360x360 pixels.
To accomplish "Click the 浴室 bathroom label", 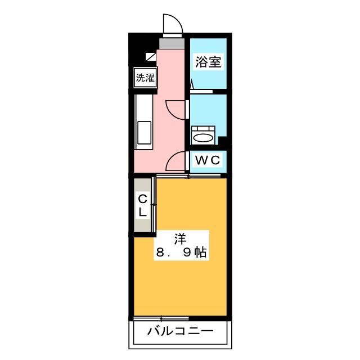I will [x=208, y=62].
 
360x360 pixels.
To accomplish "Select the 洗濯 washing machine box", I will [x=145, y=78].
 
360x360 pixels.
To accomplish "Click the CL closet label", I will [x=143, y=205].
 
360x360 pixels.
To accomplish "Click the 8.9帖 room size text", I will [x=181, y=253].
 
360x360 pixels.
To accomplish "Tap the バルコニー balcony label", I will [x=181, y=331].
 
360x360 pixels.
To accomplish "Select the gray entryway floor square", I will [x=172, y=43].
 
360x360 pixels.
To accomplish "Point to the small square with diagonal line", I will [x=151, y=56].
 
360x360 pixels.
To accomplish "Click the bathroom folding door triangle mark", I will [x=192, y=85].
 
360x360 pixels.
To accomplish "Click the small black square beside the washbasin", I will [x=222, y=141].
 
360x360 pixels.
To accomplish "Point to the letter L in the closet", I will [x=143, y=212].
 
